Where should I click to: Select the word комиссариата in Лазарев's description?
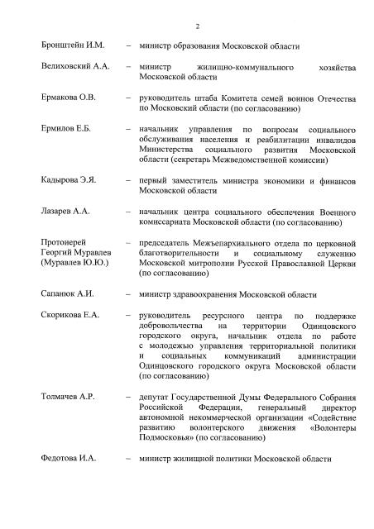170,222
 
